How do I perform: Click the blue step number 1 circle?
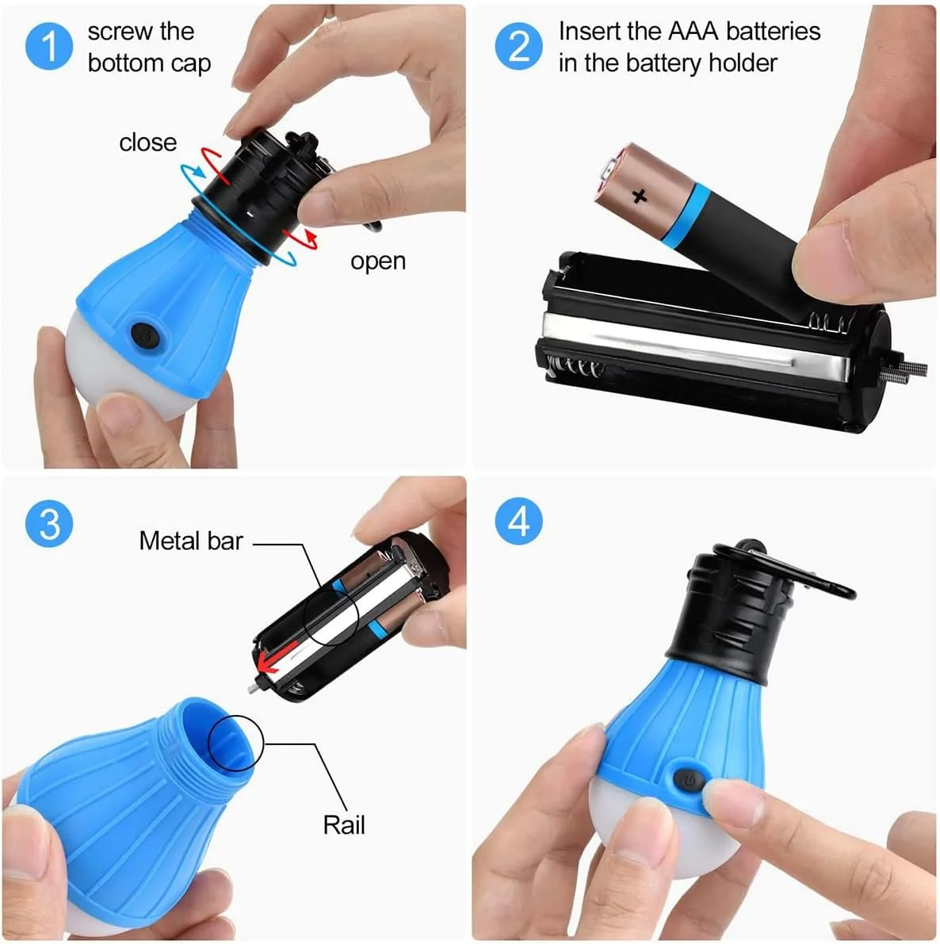click(x=49, y=46)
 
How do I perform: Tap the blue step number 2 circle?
click(x=519, y=46)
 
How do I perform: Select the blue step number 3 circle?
click(x=49, y=523)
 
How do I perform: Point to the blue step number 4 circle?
click(x=519, y=521)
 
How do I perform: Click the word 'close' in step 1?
click(x=148, y=143)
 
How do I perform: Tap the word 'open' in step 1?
click(x=378, y=262)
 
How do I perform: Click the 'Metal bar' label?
click(x=191, y=541)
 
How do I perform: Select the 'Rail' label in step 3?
click(x=344, y=825)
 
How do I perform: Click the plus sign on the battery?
click(x=640, y=196)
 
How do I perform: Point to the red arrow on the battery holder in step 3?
click(x=277, y=657)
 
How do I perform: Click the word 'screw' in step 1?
click(x=141, y=31)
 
